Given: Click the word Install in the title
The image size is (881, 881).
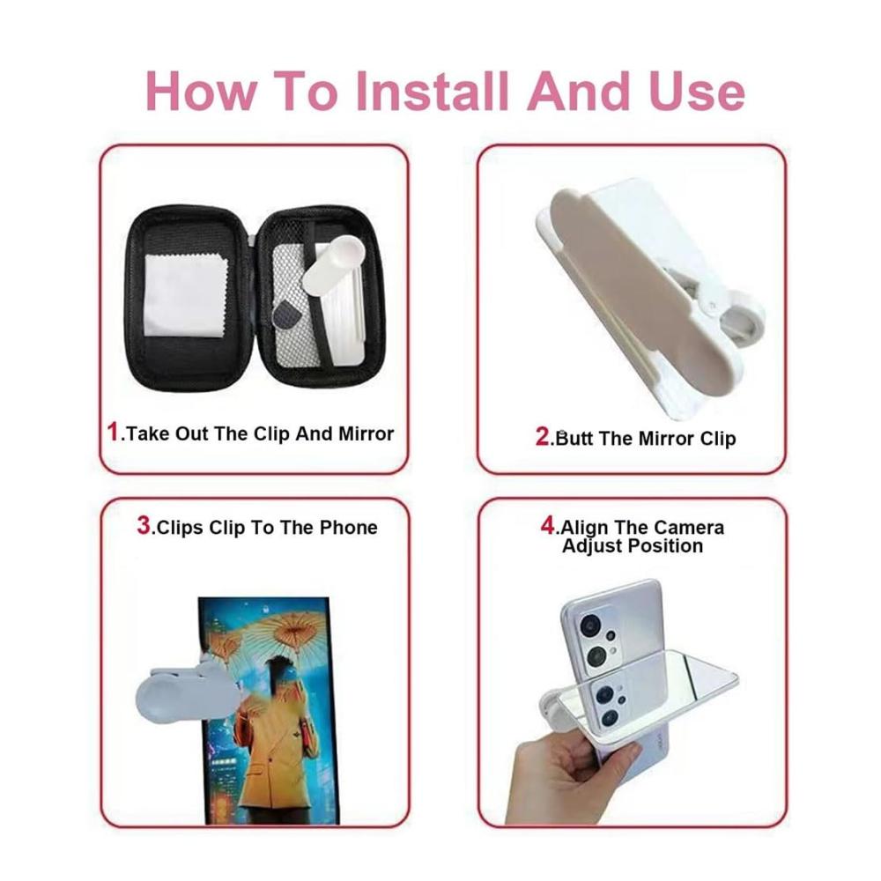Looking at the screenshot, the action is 432,91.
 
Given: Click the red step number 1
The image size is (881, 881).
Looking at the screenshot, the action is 113,432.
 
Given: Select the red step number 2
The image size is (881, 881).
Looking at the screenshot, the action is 543,436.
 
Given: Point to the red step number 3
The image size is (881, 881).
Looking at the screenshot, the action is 144,525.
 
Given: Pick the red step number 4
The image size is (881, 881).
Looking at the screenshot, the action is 548,525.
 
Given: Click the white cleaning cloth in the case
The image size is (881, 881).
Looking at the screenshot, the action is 185,297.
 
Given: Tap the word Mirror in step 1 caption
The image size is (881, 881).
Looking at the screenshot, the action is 366,433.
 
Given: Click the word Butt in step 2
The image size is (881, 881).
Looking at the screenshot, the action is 574,438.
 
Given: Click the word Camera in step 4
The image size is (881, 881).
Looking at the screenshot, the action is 689,528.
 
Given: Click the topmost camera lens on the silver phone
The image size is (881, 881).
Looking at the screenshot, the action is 592,626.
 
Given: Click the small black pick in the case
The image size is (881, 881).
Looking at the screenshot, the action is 287,316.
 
